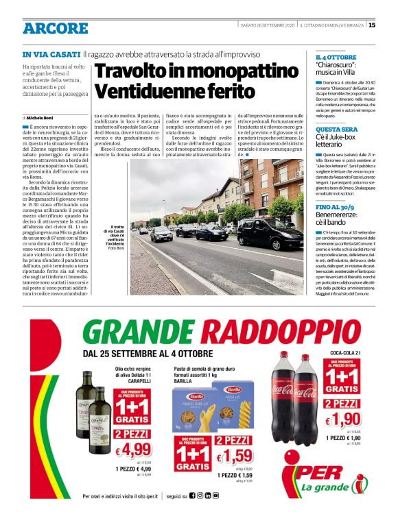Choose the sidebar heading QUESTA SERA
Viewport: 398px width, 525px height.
(x=336, y=129)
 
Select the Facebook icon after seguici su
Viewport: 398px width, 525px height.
(x=192, y=496)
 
